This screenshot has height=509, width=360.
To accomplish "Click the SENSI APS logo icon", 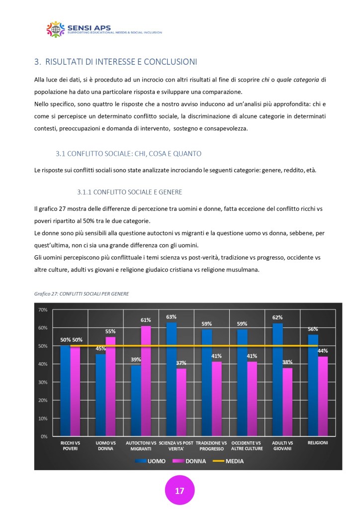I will (x=56, y=29).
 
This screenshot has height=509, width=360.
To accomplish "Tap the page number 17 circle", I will (x=180, y=490).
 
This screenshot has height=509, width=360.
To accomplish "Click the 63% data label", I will (x=172, y=317).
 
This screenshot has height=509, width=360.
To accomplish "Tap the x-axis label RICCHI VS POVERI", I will (x=70, y=445).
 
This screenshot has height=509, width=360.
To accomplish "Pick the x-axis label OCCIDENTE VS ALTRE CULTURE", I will (x=247, y=445).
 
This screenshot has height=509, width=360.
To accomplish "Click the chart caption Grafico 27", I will (x=82, y=294).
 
